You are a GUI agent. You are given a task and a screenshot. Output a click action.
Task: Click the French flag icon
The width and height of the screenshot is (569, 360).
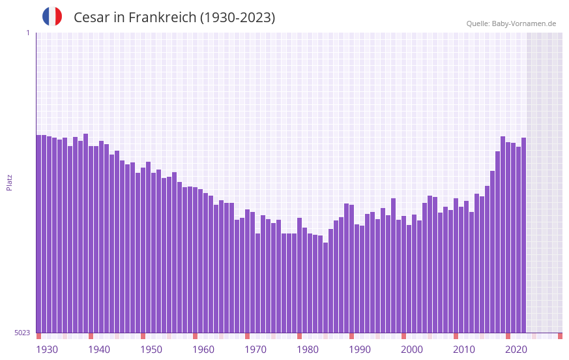click(x=52, y=17)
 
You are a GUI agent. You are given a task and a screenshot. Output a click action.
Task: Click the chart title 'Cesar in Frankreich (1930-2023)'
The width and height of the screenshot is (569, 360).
click(x=174, y=18)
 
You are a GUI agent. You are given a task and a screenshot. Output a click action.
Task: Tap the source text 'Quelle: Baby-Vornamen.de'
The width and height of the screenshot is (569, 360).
click(x=511, y=23)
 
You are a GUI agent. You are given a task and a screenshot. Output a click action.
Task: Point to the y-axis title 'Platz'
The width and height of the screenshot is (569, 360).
click(x=9, y=182)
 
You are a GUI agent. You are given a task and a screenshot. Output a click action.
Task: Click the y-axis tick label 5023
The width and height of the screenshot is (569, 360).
click(x=22, y=333)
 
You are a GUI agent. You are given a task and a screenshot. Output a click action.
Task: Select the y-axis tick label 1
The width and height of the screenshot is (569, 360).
click(x=27, y=33)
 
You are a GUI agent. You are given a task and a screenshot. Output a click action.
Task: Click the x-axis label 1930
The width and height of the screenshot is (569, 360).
click(x=47, y=350)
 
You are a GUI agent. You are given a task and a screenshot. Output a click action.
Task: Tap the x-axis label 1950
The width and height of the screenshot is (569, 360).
click(x=151, y=350)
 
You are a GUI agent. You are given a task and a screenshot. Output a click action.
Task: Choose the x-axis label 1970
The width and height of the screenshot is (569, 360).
click(x=255, y=350)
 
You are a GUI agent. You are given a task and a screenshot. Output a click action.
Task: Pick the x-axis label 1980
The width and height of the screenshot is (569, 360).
click(x=308, y=350)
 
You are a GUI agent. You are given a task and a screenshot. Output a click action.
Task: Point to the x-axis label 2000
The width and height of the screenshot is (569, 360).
click(x=412, y=350)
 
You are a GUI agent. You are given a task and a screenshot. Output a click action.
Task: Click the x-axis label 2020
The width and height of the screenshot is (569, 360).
click(x=516, y=350)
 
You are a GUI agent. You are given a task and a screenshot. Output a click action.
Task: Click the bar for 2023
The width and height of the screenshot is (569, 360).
click(x=524, y=235)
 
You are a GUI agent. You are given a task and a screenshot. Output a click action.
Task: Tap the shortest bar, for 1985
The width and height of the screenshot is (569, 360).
click(x=326, y=288)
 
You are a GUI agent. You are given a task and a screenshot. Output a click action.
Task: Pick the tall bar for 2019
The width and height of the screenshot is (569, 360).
click(x=503, y=235)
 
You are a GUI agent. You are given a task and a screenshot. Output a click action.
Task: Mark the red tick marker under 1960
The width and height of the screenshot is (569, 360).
click(x=195, y=336)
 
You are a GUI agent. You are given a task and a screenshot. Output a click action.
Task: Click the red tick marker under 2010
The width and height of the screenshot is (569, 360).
click(x=456, y=336)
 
